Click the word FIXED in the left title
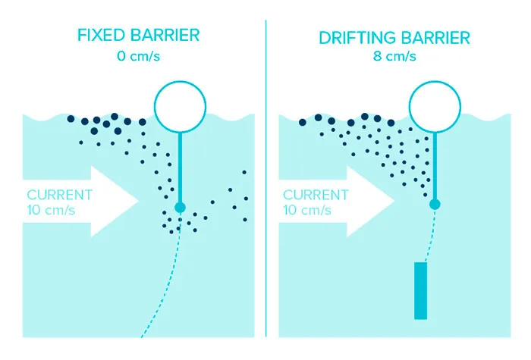[x=101, y=35]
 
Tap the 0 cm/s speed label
[x=139, y=56]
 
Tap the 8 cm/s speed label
[x=394, y=56]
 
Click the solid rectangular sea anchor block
[x=420, y=290]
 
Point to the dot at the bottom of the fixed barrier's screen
[x=181, y=208]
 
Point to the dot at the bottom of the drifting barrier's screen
[x=435, y=205]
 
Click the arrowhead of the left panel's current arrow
[x=115, y=201]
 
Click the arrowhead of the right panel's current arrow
[x=371, y=201]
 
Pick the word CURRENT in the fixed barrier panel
[x=60, y=195]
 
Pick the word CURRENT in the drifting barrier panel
[x=316, y=195]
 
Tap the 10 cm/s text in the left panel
[x=51, y=210]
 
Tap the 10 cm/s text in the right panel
[x=306, y=210]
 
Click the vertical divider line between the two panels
[x=265, y=179]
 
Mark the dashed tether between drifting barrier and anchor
[x=430, y=236]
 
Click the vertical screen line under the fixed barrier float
[x=181, y=167]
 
